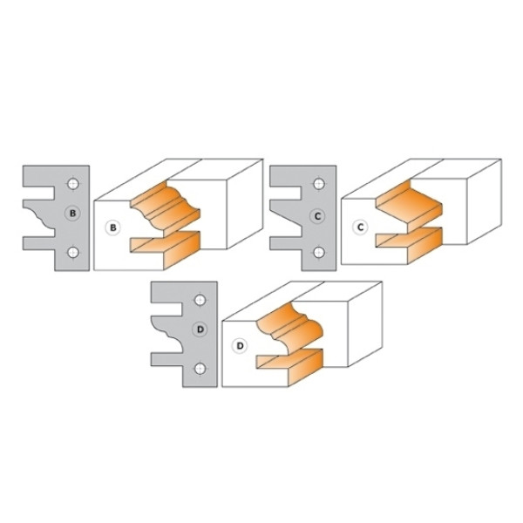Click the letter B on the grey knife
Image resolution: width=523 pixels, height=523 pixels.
coord(72,214)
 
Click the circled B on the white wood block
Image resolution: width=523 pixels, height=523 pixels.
coord(112,228)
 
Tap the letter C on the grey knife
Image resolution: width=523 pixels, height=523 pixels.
coord(317,216)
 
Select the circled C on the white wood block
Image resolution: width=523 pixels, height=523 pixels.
coord(360,228)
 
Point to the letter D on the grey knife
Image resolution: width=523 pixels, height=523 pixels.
coord(200,329)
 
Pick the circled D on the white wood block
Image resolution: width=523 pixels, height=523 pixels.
coord(240,346)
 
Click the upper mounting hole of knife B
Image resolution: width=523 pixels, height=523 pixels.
coord(73,184)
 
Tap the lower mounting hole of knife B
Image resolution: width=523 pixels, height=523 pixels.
coord(73,252)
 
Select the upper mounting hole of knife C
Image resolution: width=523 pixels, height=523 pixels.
coord(319,184)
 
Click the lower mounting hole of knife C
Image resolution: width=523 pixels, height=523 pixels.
coord(319,252)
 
